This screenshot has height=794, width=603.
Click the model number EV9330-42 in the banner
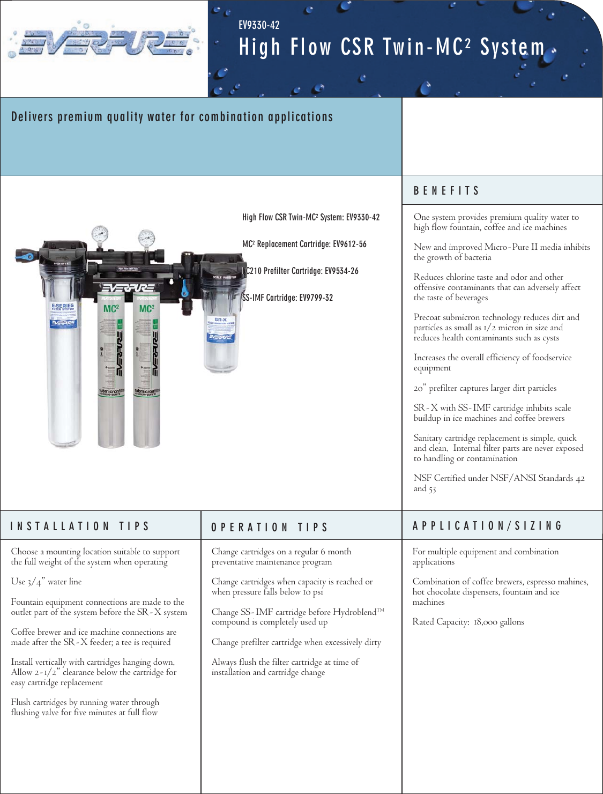pos(259,25)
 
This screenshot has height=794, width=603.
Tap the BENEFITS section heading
pos(446,191)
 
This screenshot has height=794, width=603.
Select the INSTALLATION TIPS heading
pos(80,526)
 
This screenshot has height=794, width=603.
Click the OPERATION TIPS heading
pos(269,528)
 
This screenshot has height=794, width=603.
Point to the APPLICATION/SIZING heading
pos(487,526)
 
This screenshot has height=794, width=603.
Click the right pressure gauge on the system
pos(146,238)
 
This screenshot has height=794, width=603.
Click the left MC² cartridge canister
pos(111,370)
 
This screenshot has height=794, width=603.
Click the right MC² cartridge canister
pos(146,370)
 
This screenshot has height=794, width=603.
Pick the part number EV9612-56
pos(349,244)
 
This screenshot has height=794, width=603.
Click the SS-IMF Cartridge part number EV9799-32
pos(316,298)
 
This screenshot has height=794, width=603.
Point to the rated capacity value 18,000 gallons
pos(498,622)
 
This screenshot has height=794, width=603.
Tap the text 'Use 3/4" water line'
pos(47,582)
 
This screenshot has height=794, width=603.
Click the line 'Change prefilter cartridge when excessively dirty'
pos(296,642)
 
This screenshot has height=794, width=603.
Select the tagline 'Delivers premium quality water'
pos(172,117)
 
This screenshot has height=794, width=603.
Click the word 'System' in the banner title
pos(512,47)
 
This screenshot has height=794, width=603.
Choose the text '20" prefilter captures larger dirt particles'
pos(485,388)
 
